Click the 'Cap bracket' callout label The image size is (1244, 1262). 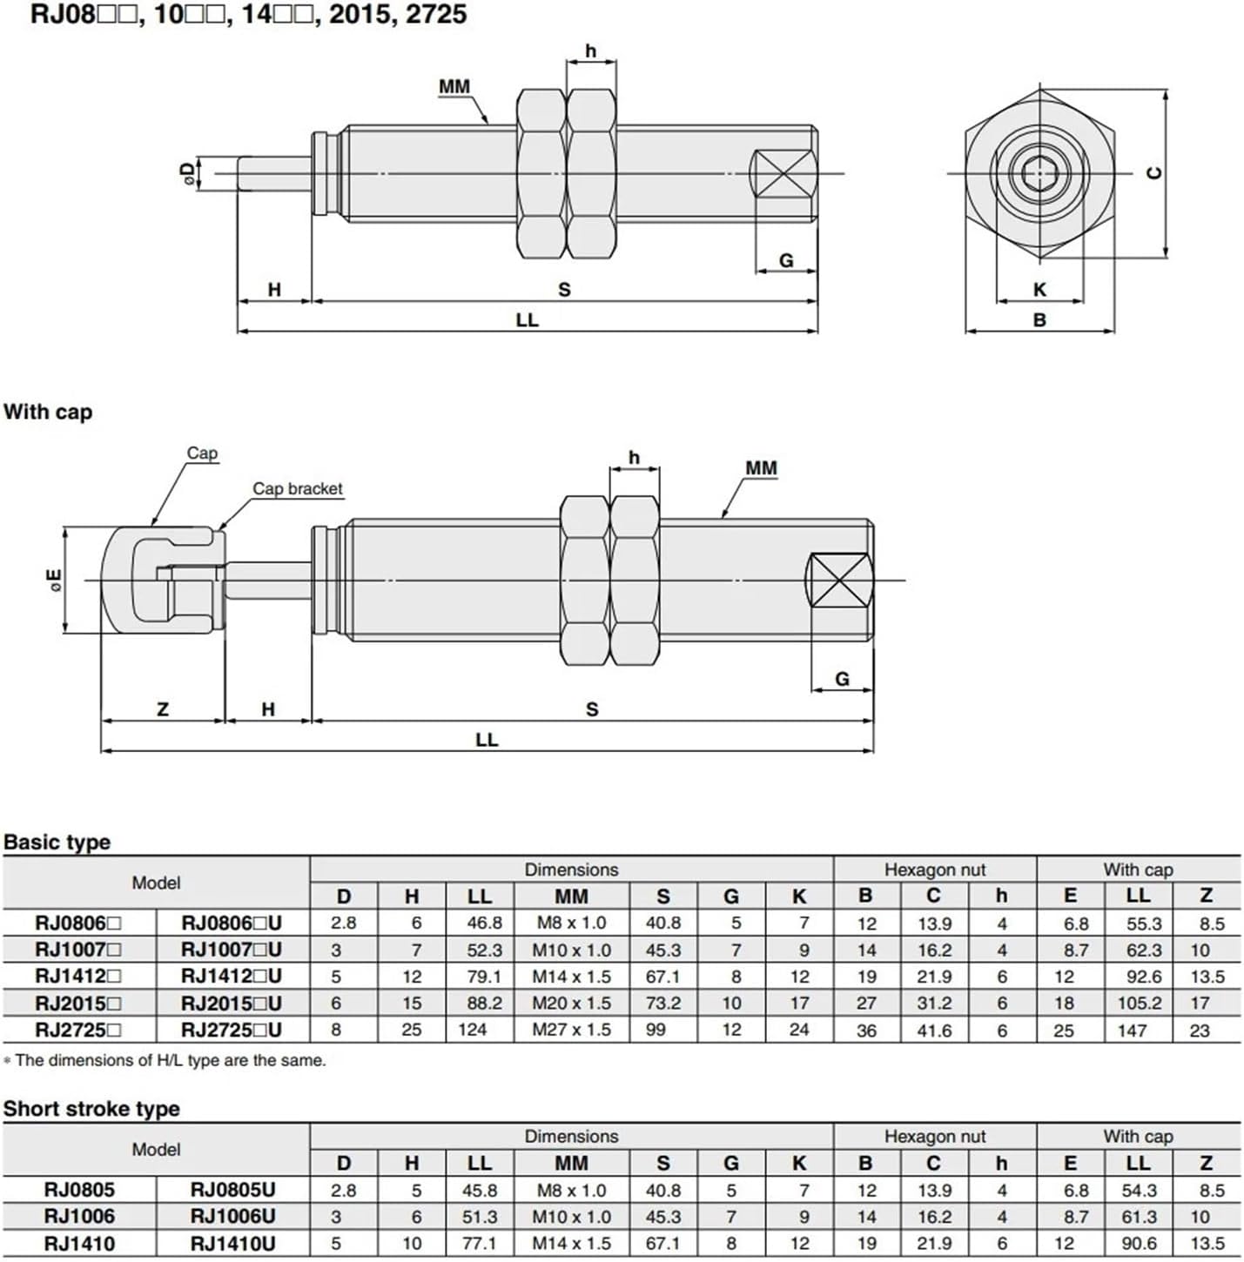tap(298, 489)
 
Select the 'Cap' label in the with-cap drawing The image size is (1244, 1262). tap(202, 453)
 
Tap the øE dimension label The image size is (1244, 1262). tap(55, 581)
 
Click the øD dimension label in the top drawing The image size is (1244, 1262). tap(185, 173)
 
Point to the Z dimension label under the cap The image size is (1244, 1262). tap(163, 709)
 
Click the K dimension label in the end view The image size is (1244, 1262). tap(1039, 290)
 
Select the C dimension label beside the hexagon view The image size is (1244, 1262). tap(1154, 172)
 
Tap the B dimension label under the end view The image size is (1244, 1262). tap(1039, 320)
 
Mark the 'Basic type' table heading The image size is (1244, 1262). tap(57, 842)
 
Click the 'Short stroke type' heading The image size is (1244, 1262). tap(91, 1109)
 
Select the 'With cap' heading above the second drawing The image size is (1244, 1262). tap(48, 412)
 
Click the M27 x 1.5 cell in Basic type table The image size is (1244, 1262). tap(571, 1030)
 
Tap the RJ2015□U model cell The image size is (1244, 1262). tap(232, 1004)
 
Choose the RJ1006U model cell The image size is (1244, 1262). tap(232, 1217)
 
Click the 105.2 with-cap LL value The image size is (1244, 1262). tap(1139, 1004)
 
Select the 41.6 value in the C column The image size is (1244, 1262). tap(933, 1030)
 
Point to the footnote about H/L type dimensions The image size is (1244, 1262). tap(165, 1061)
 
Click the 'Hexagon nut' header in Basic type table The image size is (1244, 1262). tap(934, 869)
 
